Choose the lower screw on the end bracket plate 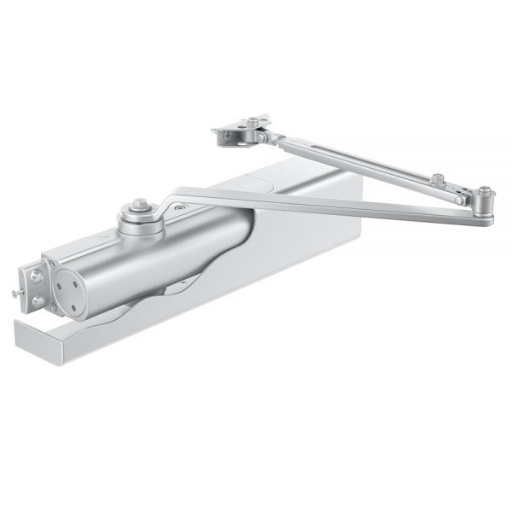[x=37, y=301]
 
